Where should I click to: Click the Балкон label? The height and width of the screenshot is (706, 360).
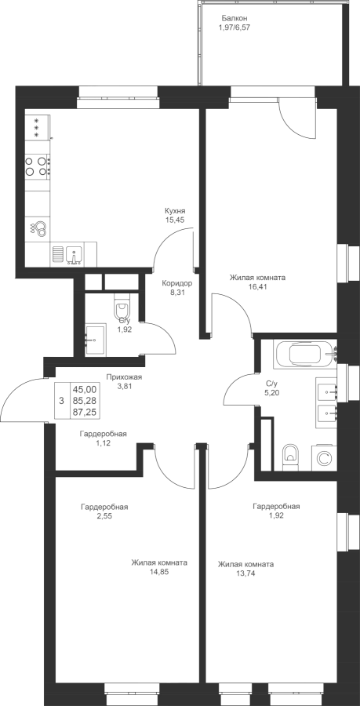pyautogui.click(x=235, y=19)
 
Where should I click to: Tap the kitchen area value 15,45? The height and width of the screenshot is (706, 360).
pyautogui.click(x=175, y=220)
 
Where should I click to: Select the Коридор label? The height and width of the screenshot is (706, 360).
pyautogui.click(x=177, y=283)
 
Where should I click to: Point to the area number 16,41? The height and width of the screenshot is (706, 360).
pyautogui.click(x=257, y=286)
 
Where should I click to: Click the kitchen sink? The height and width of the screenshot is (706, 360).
pyautogui.click(x=74, y=255)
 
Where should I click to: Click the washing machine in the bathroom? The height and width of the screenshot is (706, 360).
pyautogui.click(x=324, y=458)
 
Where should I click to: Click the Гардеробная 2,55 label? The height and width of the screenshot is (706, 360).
pyautogui.click(x=104, y=511)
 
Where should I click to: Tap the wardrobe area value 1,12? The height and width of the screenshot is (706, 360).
pyautogui.click(x=103, y=443)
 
